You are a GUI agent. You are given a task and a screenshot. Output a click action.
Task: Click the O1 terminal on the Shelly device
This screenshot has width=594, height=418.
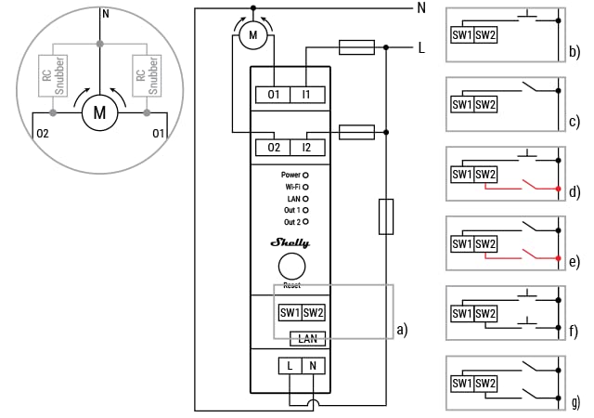click(x=274, y=95)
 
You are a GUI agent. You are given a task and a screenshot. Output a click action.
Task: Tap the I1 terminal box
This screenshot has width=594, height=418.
click(x=306, y=95)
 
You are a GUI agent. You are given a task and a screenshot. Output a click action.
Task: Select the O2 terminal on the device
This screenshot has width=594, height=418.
click(x=274, y=148)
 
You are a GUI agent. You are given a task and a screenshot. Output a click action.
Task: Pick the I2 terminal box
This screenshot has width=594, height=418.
click(x=306, y=148)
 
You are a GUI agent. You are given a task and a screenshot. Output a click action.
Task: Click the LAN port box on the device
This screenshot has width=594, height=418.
click(x=307, y=339)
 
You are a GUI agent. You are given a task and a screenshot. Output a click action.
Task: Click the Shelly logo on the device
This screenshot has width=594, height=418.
click(x=291, y=242)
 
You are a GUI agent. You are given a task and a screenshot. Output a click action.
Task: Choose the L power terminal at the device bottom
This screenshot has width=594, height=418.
click(x=290, y=366)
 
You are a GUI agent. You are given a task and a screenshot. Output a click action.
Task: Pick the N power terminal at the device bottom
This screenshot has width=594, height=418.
click(x=313, y=366)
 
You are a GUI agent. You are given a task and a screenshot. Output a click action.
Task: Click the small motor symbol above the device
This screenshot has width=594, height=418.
click(x=251, y=35)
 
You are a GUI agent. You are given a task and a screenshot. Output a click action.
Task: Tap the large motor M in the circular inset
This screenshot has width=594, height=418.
click(x=98, y=113)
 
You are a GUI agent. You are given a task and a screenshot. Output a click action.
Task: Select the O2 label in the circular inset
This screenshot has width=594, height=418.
click(x=42, y=134)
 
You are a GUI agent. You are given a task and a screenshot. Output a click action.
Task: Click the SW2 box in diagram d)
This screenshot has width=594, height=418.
click(x=485, y=174)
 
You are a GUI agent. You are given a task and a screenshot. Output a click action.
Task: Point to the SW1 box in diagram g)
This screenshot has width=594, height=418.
click(x=462, y=382)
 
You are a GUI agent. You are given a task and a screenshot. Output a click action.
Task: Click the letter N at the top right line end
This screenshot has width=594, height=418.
click(x=421, y=8)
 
